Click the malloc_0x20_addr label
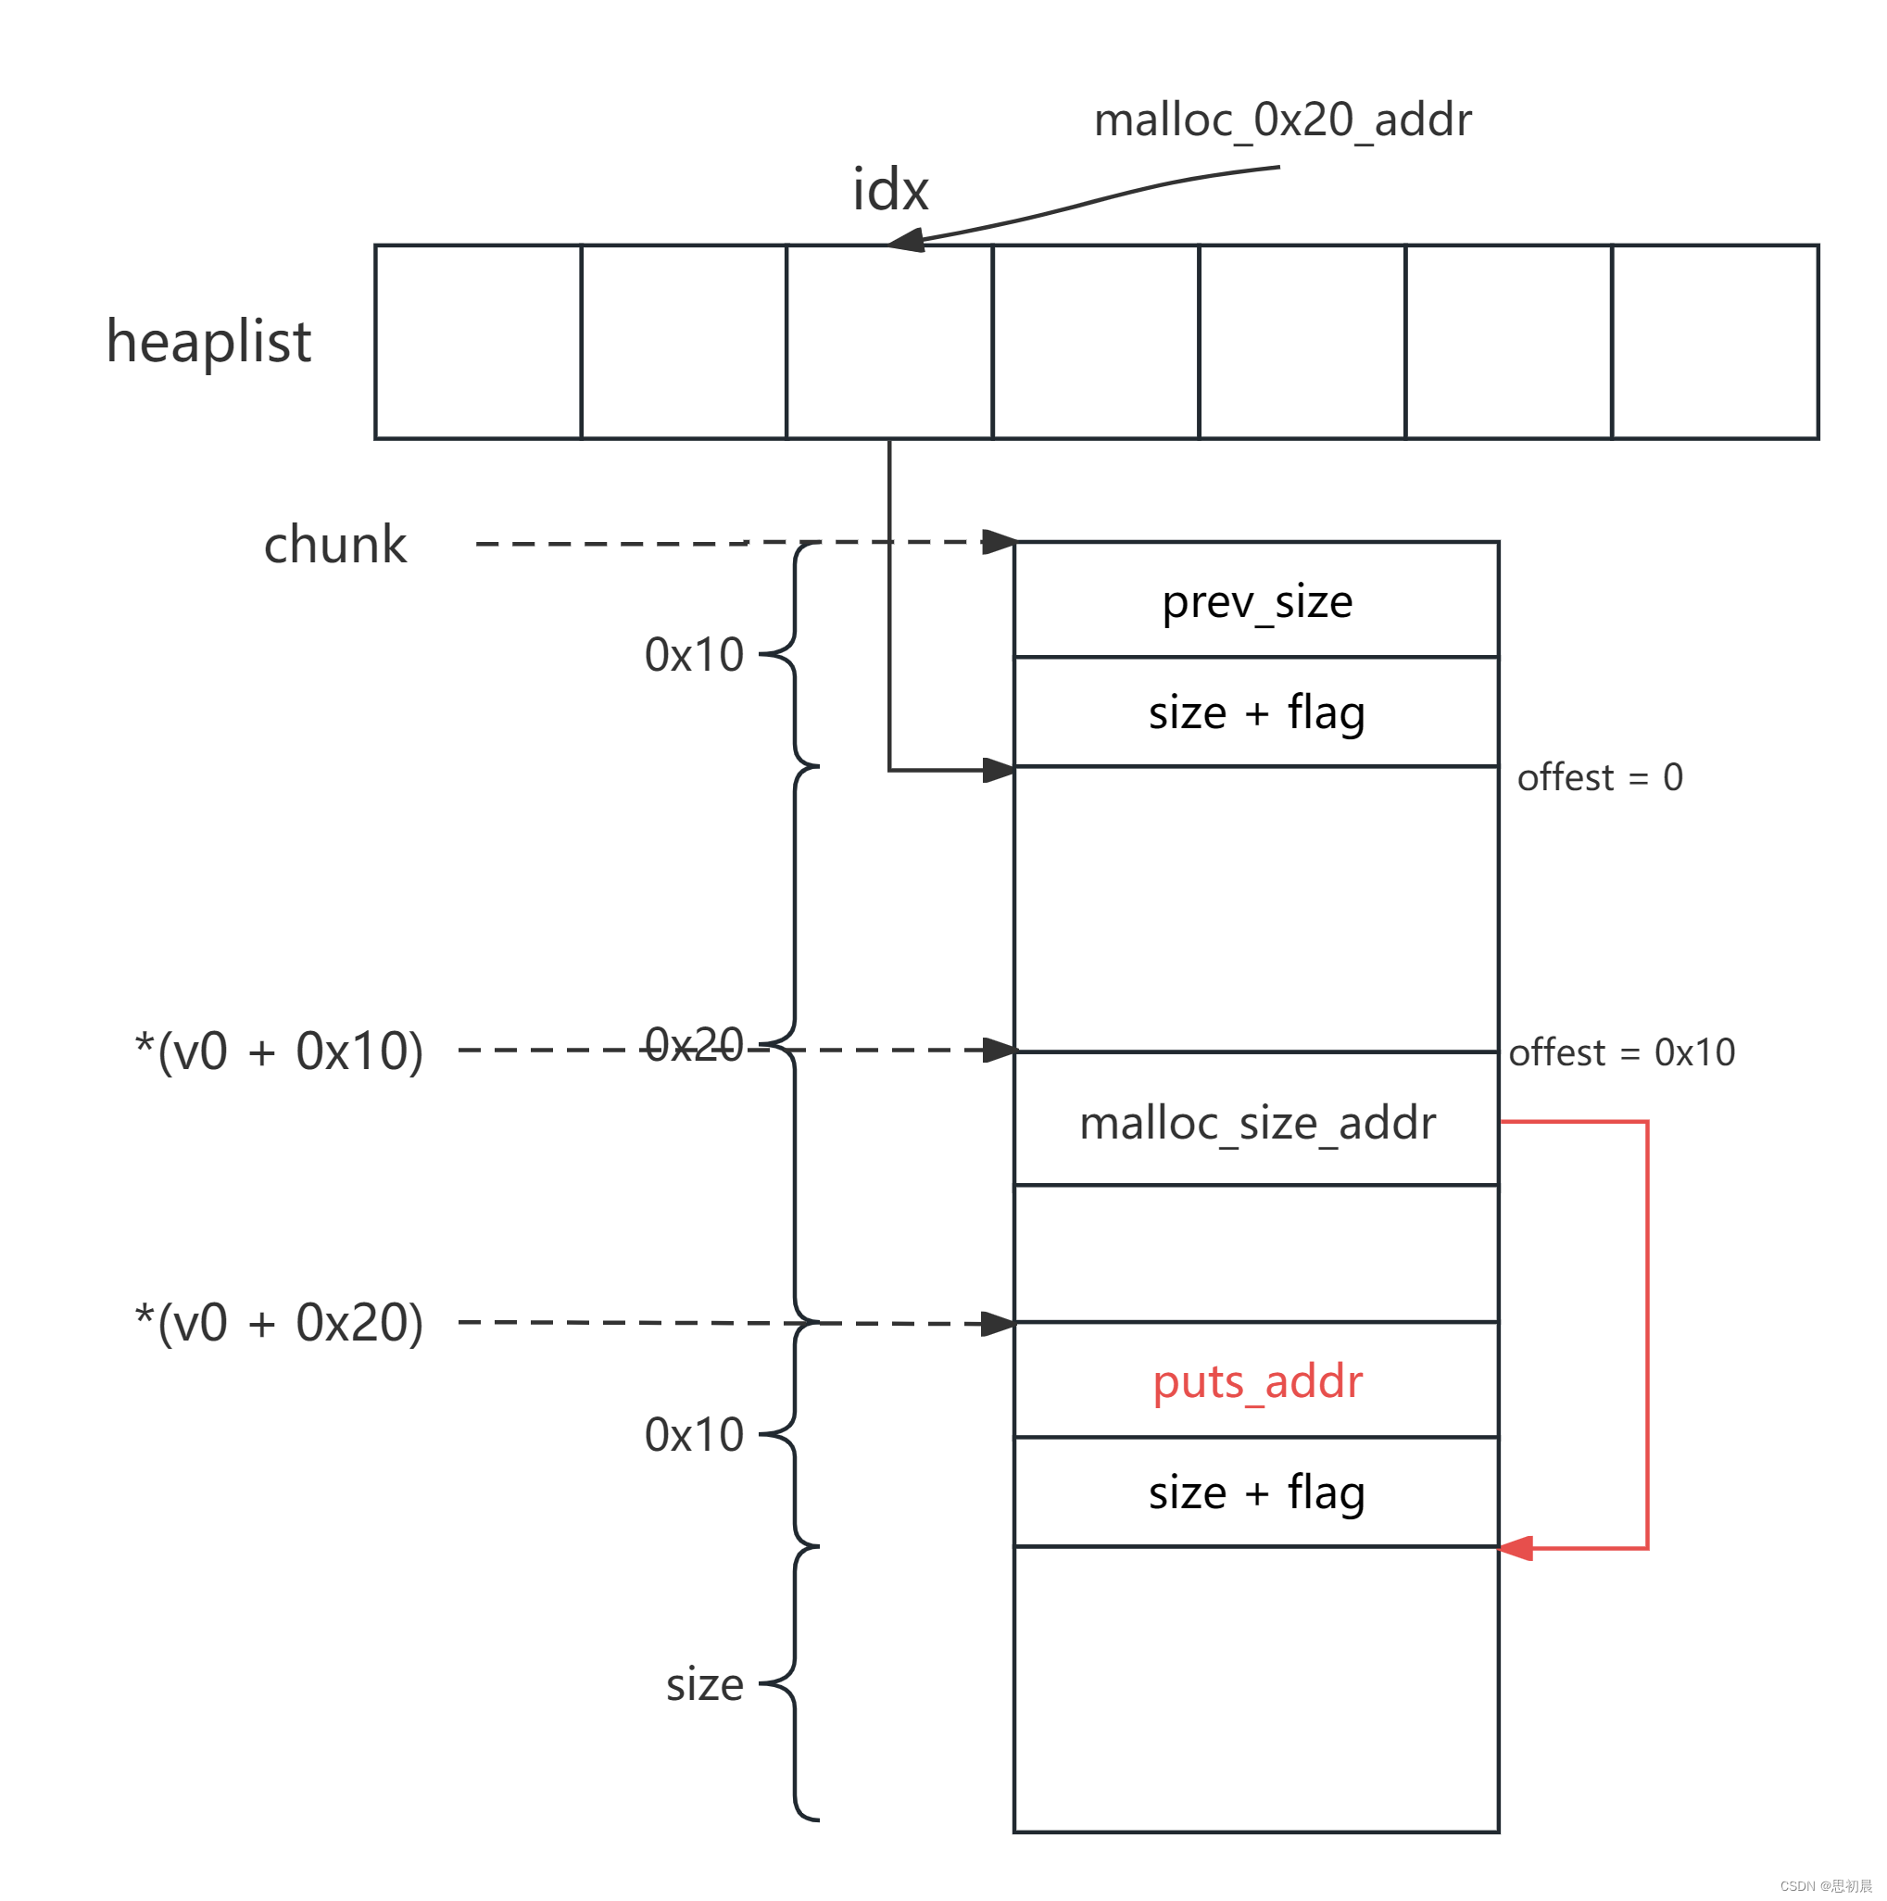tap(1282, 120)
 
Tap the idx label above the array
tap(889, 190)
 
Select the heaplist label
tap(208, 342)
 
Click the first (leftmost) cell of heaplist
tap(478, 342)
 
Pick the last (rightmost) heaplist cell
tap(1714, 342)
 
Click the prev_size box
tap(1255, 600)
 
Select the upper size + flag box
tap(1255, 711)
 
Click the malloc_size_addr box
tap(1255, 1123)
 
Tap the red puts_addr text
tap(1257, 1381)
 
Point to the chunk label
tap(334, 544)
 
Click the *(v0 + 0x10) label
tap(280, 1051)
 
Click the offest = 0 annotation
tap(1599, 777)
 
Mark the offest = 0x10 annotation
tap(1621, 1051)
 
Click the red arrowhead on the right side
tap(1516, 1548)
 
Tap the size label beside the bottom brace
tap(703, 1684)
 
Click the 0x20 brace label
tap(694, 1044)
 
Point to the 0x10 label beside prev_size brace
tap(694, 654)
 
